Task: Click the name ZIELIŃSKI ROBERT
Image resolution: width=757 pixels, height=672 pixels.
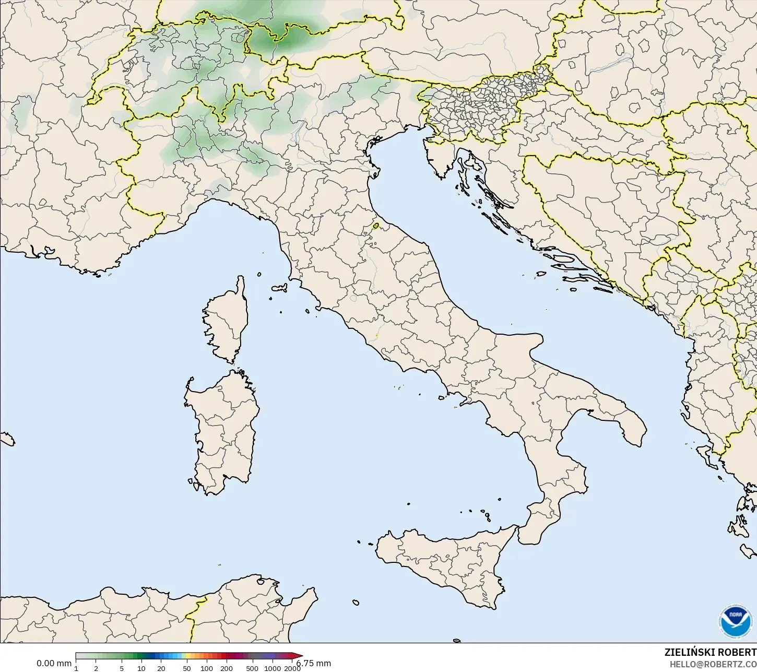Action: pos(710,653)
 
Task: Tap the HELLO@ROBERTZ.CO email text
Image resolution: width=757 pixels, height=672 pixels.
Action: pos(713,664)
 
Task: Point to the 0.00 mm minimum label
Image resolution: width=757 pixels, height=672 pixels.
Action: pos(54,664)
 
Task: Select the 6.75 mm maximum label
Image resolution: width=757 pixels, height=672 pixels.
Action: pos(315,664)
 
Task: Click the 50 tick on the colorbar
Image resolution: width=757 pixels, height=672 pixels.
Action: pos(187,668)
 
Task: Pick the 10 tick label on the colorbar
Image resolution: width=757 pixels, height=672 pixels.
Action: pos(141,668)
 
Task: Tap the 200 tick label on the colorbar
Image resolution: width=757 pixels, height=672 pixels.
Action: pos(227,668)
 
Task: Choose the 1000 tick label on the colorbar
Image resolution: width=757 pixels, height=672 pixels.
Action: pos(273,668)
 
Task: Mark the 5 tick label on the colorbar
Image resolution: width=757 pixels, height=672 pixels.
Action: pos(122,668)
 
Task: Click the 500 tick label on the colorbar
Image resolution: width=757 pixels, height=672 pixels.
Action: pos(253,668)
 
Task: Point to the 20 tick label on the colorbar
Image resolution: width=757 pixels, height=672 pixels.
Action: pos(161,668)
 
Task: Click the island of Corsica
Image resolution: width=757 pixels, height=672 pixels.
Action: pos(226,321)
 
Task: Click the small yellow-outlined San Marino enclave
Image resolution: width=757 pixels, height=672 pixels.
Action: pos(376,226)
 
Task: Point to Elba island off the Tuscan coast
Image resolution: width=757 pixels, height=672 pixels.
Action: pos(279,288)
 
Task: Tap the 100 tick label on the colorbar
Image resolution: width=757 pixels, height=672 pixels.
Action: pos(207,668)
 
